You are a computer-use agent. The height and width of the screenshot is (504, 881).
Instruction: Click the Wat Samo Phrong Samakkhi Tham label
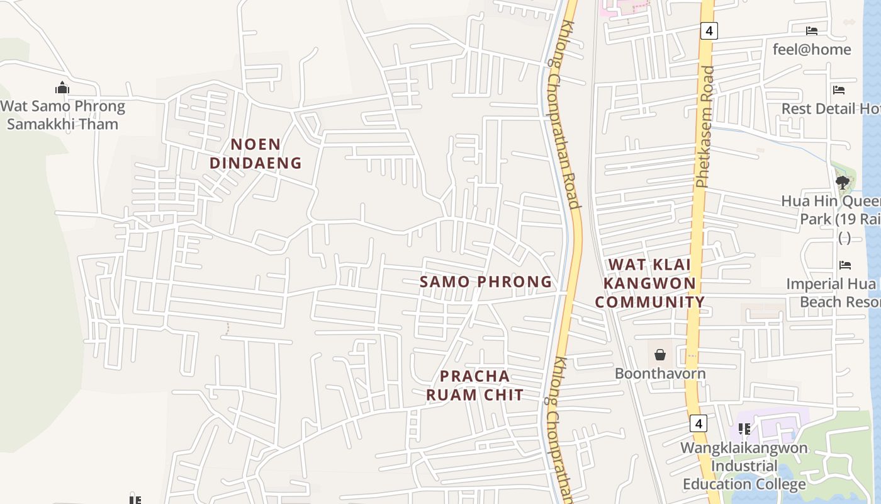[x=63, y=115]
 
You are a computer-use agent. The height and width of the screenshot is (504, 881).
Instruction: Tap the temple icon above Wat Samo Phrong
[x=62, y=88]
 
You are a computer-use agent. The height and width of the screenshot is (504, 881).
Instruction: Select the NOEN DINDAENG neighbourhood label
[x=255, y=154]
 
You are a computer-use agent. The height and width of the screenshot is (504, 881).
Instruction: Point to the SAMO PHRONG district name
[x=486, y=282]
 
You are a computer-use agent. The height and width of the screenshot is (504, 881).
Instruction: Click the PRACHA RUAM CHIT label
[x=475, y=386]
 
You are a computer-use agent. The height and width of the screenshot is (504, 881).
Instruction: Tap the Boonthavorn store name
[x=660, y=374]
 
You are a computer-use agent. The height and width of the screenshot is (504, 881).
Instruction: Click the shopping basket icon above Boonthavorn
[x=660, y=355]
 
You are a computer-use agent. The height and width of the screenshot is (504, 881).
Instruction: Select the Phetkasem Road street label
[x=705, y=126]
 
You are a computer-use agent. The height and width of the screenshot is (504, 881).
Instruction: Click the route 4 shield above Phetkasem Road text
[x=709, y=30]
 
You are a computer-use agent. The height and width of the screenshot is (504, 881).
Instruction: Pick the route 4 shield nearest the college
[x=698, y=423]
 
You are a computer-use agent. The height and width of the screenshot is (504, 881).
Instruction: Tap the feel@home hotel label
[x=812, y=49]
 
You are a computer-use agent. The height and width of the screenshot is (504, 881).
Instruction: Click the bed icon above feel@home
[x=812, y=30]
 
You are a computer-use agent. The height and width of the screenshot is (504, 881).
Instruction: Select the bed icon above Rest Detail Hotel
[x=839, y=90]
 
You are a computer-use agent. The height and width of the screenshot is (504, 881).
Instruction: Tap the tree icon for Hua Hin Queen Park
[x=843, y=183]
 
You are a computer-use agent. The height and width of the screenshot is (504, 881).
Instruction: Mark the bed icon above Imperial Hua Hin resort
[x=845, y=265]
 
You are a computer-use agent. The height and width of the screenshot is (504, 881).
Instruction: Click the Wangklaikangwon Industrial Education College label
[x=744, y=466]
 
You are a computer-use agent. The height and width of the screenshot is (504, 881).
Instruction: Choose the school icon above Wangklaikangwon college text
[x=744, y=429]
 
